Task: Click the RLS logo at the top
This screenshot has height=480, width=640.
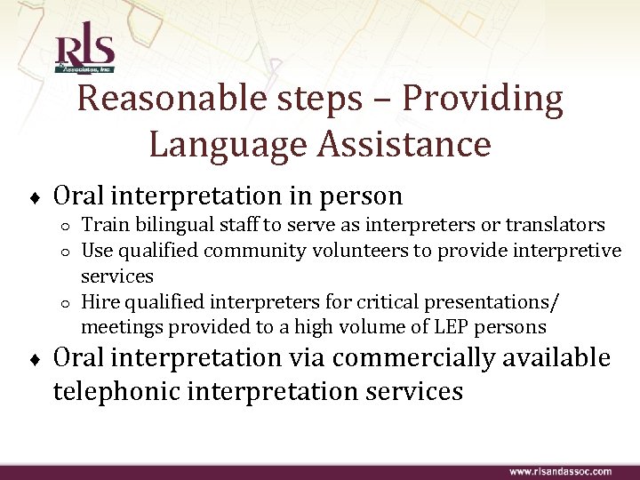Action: (x=84, y=52)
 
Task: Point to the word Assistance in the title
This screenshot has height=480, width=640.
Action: (x=405, y=144)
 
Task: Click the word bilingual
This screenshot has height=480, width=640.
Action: (x=163, y=226)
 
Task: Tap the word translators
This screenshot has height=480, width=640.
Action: (x=557, y=226)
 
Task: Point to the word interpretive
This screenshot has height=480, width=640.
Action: (x=569, y=251)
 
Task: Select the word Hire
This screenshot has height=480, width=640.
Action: (x=99, y=301)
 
